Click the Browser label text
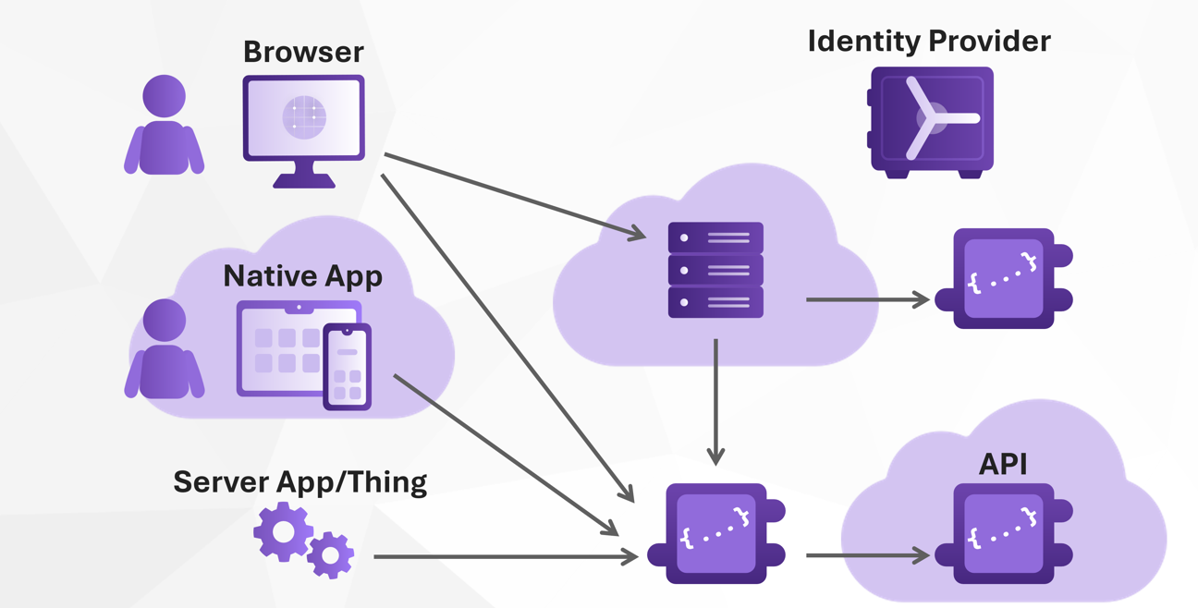(303, 52)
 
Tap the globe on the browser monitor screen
(304, 117)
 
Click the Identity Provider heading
(929, 42)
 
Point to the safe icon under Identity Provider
(931, 120)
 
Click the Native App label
(303, 276)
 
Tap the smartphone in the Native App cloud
(348, 367)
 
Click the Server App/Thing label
(300, 481)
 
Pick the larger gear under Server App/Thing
(283, 531)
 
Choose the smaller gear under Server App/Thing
(330, 555)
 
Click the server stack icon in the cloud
(715, 270)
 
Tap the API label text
(1003, 464)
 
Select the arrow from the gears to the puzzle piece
(504, 557)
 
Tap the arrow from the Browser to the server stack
(513, 196)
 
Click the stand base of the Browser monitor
(304, 181)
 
